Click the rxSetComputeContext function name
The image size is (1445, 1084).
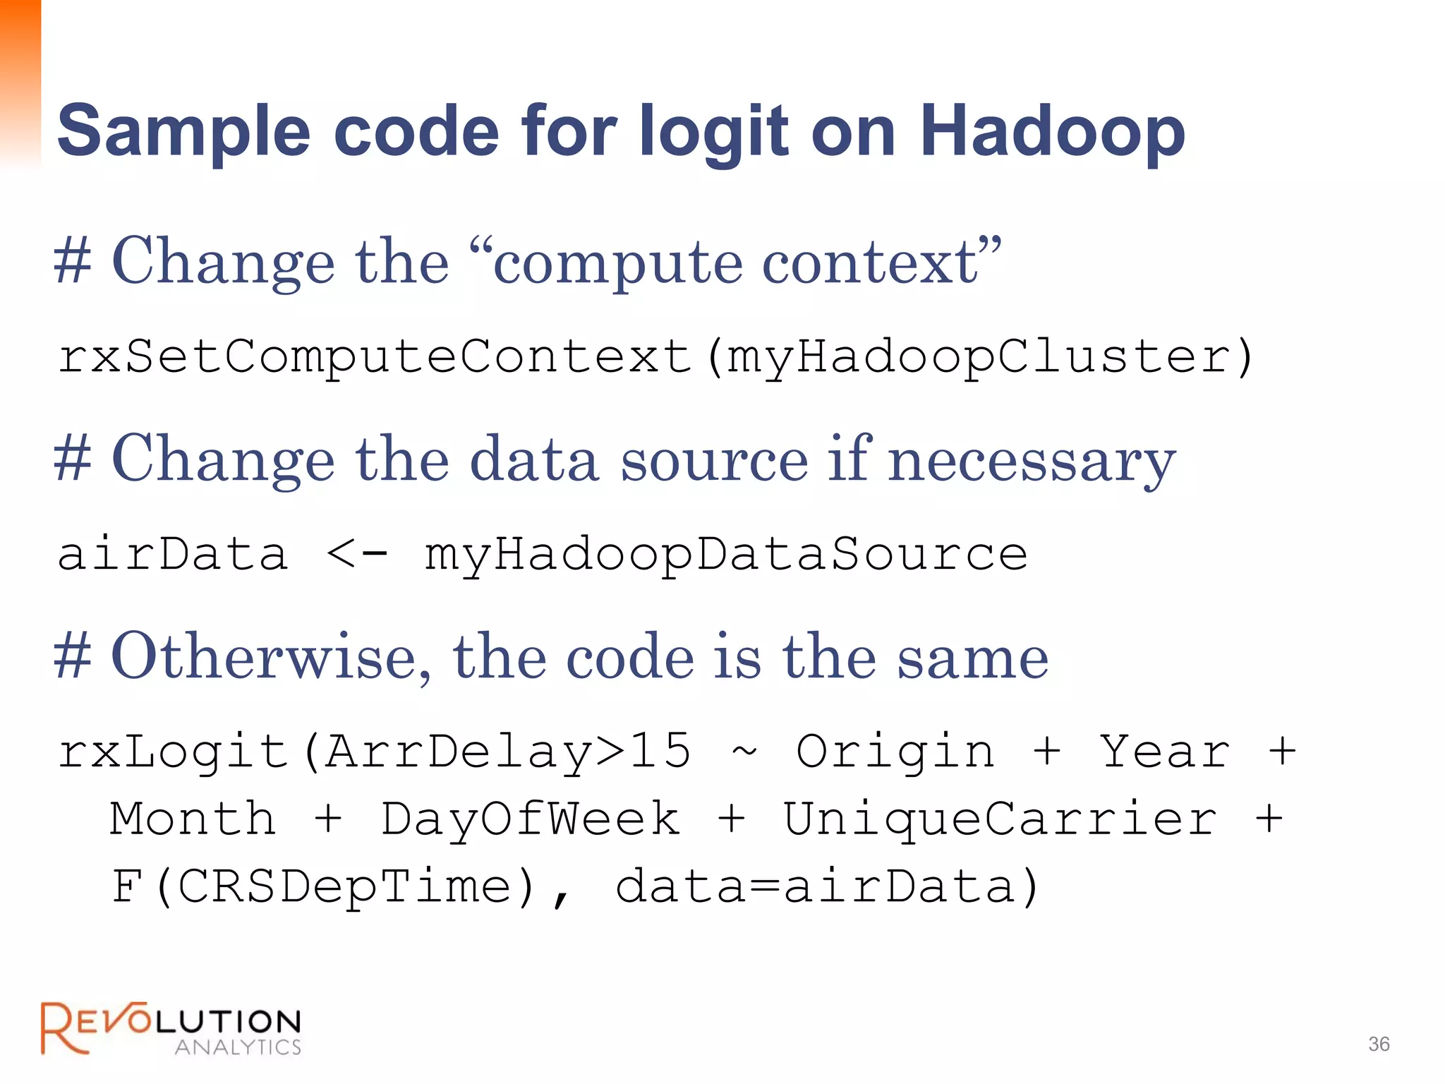374,356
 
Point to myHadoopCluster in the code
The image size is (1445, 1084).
981,356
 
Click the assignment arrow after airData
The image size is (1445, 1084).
357,554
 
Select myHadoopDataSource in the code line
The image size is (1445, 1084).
725,554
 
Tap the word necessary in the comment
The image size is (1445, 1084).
1032,460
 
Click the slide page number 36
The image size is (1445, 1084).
1379,1044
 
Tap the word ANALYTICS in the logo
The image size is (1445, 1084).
238,1047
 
